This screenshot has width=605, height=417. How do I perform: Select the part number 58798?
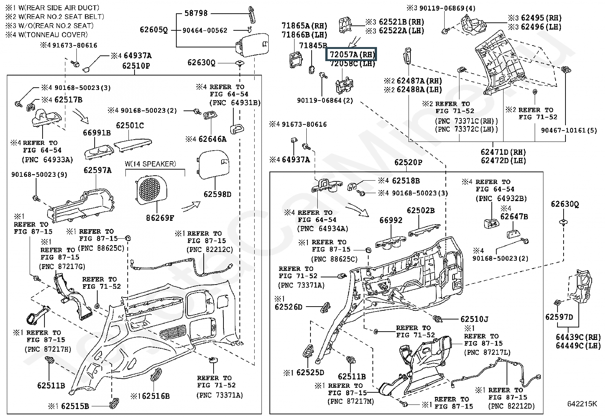196,13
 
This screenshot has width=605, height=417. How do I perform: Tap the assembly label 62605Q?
154,30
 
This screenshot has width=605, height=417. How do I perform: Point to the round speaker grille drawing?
152,189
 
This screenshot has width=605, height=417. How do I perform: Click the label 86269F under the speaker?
160,218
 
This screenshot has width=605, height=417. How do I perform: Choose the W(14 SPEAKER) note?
150,164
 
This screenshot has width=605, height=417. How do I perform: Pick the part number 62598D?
217,194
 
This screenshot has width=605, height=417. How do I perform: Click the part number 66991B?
97,132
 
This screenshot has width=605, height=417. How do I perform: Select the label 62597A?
98,170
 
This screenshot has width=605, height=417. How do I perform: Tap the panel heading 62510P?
136,66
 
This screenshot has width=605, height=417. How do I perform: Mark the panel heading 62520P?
408,162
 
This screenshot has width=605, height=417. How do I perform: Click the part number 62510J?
474,319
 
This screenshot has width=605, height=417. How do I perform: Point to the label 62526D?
288,307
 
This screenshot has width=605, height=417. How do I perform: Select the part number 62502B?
421,211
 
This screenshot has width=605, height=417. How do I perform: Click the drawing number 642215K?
582,404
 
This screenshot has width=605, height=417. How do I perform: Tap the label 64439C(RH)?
578,337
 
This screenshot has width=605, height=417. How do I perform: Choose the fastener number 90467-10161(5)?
569,131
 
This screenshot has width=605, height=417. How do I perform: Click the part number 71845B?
313,46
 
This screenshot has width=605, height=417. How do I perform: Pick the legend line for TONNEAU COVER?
46,35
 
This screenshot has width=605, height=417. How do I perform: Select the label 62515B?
74,406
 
